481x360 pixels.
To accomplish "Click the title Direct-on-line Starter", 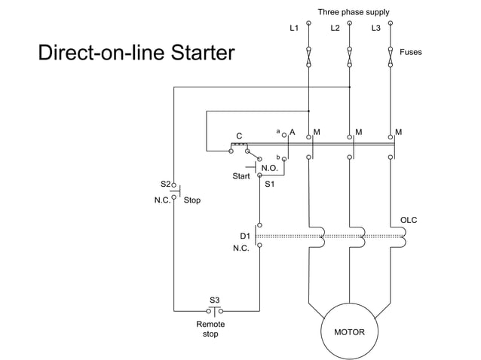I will click(x=136, y=53).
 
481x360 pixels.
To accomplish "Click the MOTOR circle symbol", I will click(x=349, y=331).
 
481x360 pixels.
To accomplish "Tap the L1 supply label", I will click(x=294, y=29).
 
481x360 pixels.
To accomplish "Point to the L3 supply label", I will click(x=375, y=29).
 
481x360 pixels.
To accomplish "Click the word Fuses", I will click(x=411, y=53).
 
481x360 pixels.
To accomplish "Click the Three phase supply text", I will click(x=354, y=12).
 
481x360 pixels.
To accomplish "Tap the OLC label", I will click(x=408, y=220).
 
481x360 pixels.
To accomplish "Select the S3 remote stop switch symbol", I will click(x=215, y=310).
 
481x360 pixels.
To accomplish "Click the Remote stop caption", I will click(x=210, y=328).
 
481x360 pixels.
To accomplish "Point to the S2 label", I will click(x=164, y=184).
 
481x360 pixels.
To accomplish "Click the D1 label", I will click(x=245, y=236).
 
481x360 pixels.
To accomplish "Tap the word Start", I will click(x=241, y=177).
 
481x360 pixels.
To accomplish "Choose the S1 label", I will click(x=270, y=184).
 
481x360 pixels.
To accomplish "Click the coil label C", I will click(x=239, y=136).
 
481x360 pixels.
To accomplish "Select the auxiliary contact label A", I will click(x=292, y=132).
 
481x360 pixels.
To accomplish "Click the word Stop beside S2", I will click(x=192, y=201).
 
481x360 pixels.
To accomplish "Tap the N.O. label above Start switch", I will click(x=269, y=167).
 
